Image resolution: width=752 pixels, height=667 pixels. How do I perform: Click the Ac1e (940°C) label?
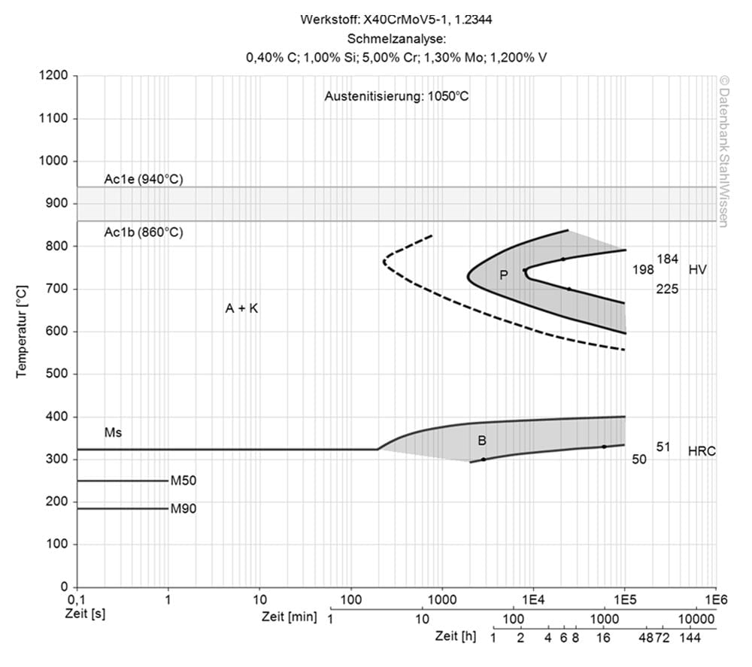(143, 180)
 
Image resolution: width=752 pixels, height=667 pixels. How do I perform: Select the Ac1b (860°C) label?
(143, 232)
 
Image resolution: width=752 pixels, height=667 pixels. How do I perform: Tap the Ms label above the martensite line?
(113, 433)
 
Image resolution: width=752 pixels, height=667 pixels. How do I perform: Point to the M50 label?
(183, 481)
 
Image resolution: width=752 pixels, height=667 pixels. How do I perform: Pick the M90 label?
(183, 509)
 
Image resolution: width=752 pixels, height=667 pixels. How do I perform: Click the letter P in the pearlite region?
(504, 275)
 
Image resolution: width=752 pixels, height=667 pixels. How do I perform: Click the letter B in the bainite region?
(482, 441)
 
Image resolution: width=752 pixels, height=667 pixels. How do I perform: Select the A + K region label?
(241, 308)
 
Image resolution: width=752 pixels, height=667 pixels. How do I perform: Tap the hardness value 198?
(644, 269)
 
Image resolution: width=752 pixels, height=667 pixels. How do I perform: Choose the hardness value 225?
(667, 288)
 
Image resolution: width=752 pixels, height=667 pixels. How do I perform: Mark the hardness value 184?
(668, 259)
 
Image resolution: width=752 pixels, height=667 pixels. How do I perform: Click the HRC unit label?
(702, 451)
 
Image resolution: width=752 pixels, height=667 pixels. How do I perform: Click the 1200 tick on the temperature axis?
(56, 76)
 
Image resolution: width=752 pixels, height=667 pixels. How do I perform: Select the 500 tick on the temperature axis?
(59, 374)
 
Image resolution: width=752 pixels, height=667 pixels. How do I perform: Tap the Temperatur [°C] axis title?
(23, 331)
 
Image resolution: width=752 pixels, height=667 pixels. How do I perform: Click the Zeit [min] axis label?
(289, 617)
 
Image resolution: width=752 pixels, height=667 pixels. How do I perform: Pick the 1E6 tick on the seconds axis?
(715, 600)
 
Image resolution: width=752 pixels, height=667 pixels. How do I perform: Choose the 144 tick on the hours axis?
(691, 638)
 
